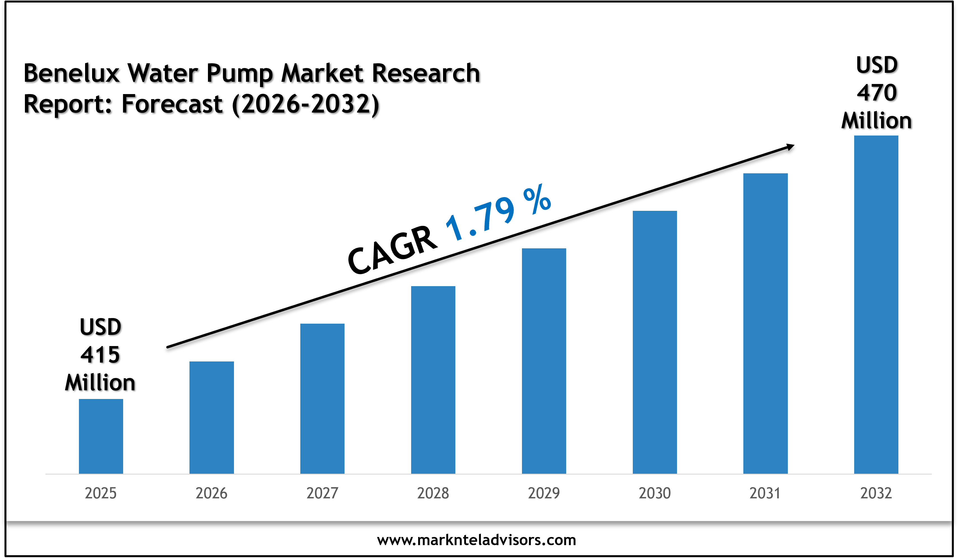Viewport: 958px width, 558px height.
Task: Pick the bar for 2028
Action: (x=433, y=380)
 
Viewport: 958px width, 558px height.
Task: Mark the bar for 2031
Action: (x=765, y=323)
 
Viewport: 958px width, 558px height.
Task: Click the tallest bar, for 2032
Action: (x=876, y=304)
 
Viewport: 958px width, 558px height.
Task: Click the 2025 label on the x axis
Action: (x=101, y=493)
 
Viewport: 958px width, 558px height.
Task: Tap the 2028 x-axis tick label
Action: (x=433, y=493)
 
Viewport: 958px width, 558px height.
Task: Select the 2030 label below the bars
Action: (x=655, y=493)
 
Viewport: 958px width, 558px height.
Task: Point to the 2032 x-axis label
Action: (x=876, y=493)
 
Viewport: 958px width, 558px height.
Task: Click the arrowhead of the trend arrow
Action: (x=790, y=147)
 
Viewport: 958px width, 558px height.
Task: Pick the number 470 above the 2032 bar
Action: (x=877, y=93)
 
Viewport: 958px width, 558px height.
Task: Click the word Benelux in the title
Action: (x=71, y=73)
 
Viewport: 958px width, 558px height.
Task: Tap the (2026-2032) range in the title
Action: (x=306, y=104)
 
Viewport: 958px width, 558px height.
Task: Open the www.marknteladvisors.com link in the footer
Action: (x=476, y=540)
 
